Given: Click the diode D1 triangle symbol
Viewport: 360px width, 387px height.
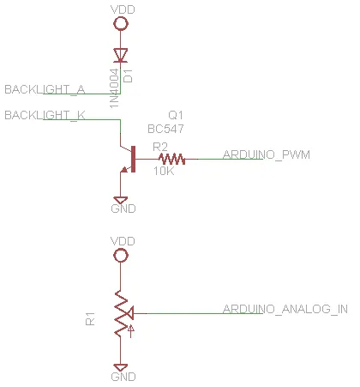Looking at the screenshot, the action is (120, 55).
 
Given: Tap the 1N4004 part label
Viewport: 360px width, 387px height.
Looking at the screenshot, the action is (114, 88).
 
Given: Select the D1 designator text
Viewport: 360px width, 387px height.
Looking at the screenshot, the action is (129, 76).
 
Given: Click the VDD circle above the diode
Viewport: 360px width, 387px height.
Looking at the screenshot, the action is (121, 23).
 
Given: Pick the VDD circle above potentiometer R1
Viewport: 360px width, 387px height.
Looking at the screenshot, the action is (121, 256).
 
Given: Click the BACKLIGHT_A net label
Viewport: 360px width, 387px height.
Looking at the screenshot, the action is (45, 90).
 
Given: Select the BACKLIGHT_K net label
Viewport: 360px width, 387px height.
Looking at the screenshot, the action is (45, 116).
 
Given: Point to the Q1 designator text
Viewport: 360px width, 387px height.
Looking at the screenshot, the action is (176, 115).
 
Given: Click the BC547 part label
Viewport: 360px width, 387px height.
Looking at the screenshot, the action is (165, 129).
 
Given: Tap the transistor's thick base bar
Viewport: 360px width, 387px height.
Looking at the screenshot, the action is (133, 159).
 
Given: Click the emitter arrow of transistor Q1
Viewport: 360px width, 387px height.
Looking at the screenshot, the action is (124, 170).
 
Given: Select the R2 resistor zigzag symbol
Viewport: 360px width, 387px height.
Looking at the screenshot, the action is (171, 159).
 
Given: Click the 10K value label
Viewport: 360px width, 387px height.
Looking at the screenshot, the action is (164, 171).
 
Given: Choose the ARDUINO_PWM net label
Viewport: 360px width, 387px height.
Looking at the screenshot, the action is (267, 154).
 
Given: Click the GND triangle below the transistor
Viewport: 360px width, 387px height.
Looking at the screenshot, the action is (120, 200).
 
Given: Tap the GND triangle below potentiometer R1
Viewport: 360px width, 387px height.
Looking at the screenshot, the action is (120, 367).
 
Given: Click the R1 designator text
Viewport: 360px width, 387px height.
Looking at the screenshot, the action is (90, 319).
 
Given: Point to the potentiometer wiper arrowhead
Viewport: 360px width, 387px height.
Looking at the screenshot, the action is (129, 313).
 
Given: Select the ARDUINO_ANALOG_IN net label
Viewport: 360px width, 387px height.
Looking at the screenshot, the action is (285, 309).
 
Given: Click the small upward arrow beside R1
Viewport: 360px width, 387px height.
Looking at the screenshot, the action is (130, 331).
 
